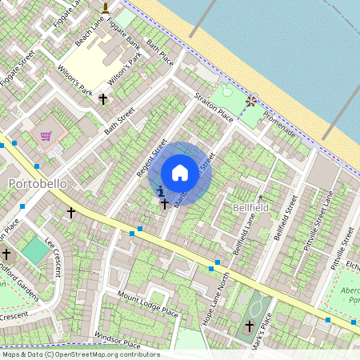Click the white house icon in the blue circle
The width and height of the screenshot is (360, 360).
pos(180,173)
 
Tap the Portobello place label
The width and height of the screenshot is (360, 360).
pos(37,183)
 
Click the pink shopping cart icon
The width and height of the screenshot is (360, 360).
pos(46,135)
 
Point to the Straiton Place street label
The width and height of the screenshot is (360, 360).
pos(214,108)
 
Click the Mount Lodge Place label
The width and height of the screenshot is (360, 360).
pos(147,304)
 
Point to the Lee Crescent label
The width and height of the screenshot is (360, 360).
pos(57,255)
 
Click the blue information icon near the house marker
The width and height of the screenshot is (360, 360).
pos(161,191)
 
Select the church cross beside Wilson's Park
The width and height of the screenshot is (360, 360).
pos(102,99)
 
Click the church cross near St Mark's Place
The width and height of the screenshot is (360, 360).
pos(249,326)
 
